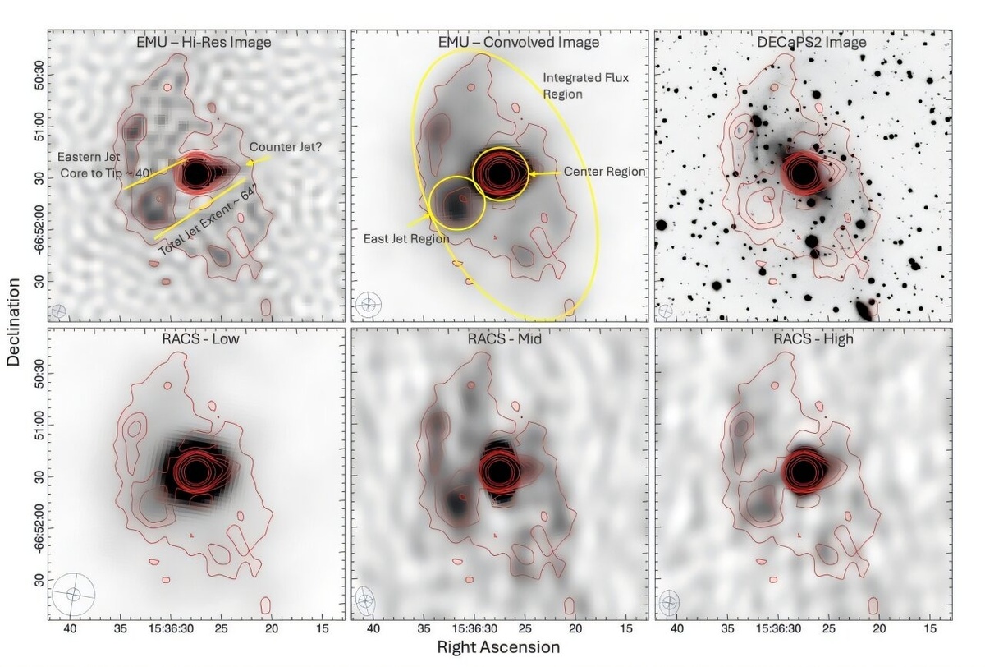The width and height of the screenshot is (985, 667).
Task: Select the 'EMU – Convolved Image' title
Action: (499, 42)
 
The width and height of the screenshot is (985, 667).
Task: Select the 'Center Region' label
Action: (603, 172)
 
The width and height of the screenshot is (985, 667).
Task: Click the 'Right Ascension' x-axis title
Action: (499, 647)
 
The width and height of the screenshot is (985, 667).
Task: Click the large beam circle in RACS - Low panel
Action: (74, 594)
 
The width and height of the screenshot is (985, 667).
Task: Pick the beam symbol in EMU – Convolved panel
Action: (369, 305)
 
